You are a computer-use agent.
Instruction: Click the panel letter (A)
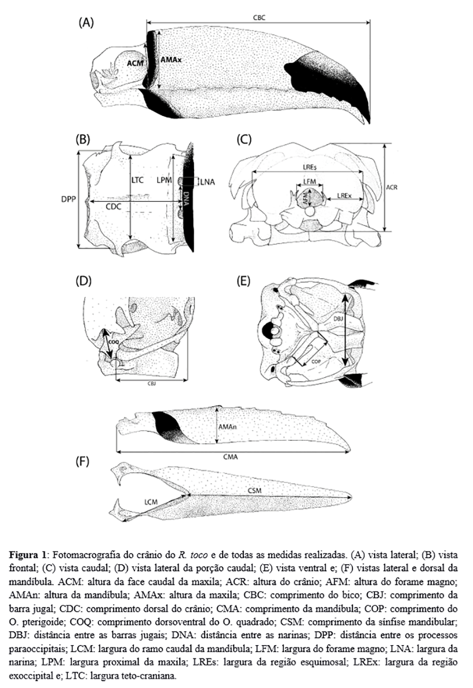(86, 23)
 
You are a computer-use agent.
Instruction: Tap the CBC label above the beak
(259, 17)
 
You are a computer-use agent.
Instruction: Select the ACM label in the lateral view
(135, 62)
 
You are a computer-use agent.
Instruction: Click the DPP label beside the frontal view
(68, 201)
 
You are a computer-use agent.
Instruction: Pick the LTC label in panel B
(137, 180)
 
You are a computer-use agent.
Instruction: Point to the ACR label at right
(392, 188)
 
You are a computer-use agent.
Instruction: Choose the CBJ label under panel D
(151, 386)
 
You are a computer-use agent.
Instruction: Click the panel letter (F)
(83, 461)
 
